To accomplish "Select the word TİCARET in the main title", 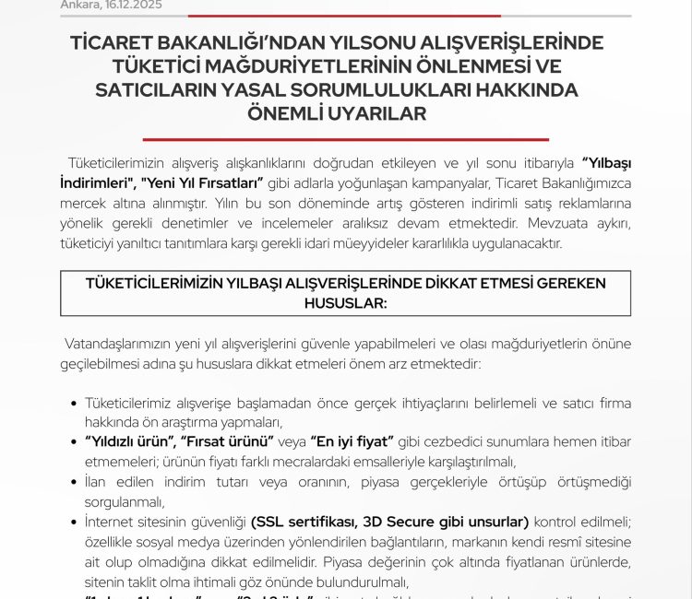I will (x=117, y=43).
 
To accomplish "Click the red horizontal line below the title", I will (x=346, y=139).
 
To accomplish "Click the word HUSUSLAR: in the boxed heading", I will (x=345, y=301).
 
